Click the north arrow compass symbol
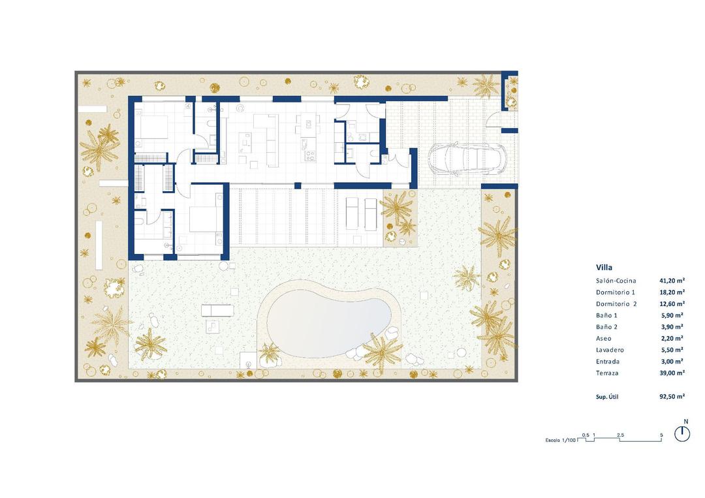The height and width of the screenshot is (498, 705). pos(683,433)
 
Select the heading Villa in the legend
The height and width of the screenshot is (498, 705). pos(604,267)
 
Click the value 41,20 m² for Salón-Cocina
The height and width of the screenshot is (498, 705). pos(672,281)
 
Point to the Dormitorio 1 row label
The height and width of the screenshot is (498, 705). pos(615,292)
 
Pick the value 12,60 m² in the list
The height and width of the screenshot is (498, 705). pos(672,303)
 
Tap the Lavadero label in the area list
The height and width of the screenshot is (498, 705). pos(610,350)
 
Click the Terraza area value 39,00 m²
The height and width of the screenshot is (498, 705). pos(672,373)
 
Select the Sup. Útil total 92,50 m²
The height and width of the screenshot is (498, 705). pos(672,396)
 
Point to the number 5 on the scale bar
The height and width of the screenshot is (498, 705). pos(661,435)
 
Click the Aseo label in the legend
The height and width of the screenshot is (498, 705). pos(604,338)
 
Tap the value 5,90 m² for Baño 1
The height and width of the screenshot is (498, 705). pos(673,315)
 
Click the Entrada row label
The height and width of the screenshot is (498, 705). pos(608,361)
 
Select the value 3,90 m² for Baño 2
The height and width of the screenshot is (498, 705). pos(673,327)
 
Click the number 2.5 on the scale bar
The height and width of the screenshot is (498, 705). pos(619,435)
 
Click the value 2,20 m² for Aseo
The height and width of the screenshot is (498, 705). pos(673,338)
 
